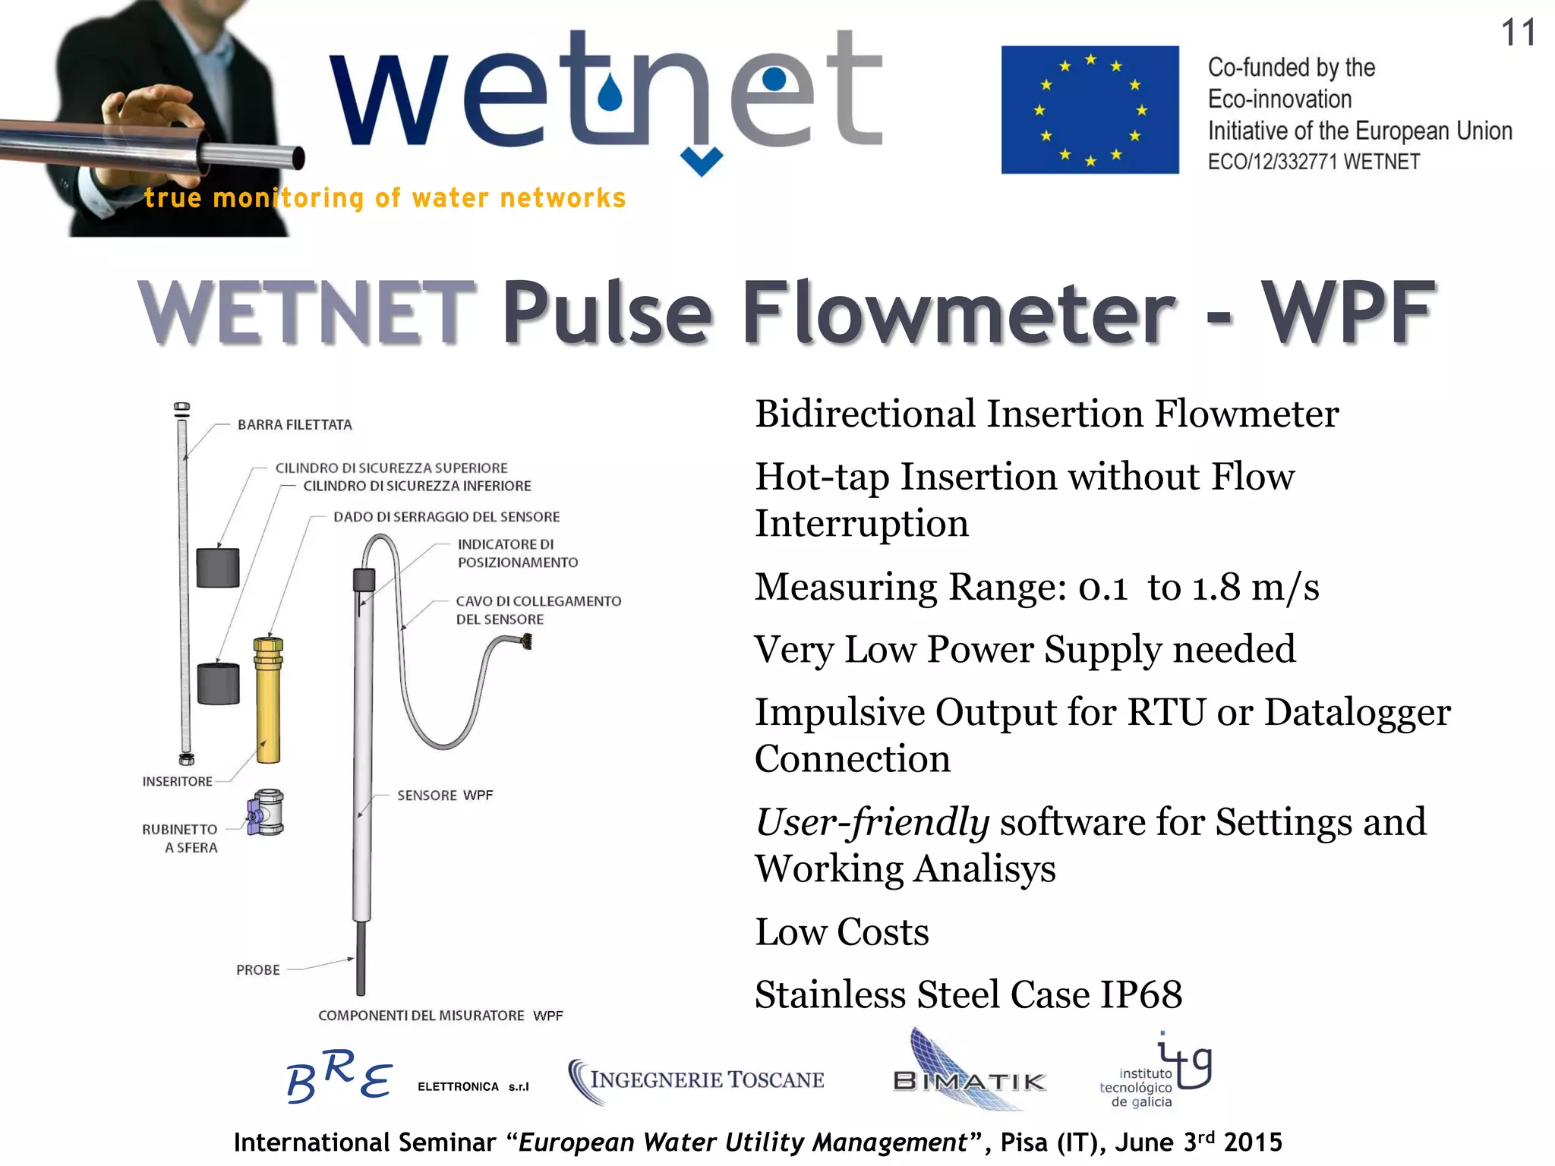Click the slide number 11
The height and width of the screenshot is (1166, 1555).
click(1518, 33)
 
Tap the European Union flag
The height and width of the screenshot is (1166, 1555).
click(1090, 110)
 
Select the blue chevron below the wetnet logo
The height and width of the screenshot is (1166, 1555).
click(701, 161)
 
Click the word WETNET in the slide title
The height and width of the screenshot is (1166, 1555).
click(307, 313)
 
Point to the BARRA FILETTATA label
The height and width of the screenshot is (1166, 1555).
click(295, 425)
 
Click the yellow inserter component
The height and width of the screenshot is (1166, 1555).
click(267, 699)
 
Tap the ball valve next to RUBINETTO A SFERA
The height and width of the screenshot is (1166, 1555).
click(266, 812)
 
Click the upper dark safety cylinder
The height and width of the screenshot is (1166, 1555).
click(218, 567)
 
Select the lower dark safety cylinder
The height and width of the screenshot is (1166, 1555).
click(219, 683)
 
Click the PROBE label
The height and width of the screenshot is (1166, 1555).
click(258, 970)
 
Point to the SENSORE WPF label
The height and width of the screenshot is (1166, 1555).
click(445, 796)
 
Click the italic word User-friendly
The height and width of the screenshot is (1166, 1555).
click(872, 822)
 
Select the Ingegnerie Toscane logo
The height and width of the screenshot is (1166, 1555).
click(696, 1080)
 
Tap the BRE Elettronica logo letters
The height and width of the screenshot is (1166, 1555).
click(339, 1076)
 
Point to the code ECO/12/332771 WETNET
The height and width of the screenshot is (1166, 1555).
click(1314, 162)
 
